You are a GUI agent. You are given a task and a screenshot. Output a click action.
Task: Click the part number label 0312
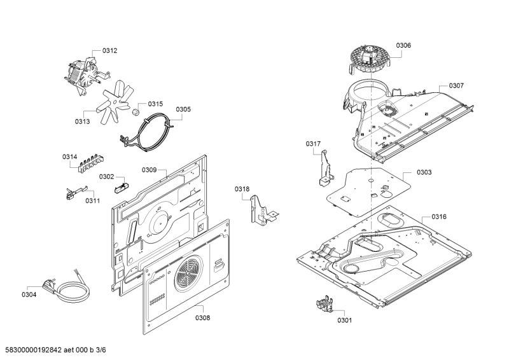coord(109,50)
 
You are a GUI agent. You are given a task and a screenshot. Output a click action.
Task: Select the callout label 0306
coord(403,45)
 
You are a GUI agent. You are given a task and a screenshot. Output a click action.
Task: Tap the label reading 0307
coord(456,85)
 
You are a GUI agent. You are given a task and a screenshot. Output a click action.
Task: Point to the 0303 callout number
coord(424,172)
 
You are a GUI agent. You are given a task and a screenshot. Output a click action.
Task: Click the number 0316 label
coord(439,217)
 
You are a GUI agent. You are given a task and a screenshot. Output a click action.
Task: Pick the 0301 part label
coord(344,320)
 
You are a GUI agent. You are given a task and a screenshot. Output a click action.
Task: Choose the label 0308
coord(202,318)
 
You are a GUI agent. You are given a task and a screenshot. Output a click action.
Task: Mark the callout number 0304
coord(29,294)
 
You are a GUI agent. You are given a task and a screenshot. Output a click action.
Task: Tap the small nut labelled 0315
coord(136,112)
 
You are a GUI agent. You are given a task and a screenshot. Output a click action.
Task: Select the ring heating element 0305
coord(150,132)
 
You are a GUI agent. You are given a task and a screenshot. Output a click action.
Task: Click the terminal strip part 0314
coord(89,165)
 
